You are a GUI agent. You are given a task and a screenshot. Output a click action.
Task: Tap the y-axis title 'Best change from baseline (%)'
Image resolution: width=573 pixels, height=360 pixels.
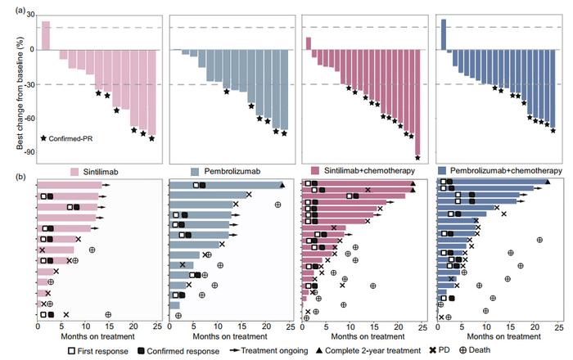pyautogui.click(x=9, y=85)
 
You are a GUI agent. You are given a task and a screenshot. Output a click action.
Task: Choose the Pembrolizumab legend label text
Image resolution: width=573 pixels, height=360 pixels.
pyautogui.click(x=237, y=171)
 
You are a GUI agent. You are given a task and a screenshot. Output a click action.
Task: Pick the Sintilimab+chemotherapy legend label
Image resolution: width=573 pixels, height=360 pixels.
pyautogui.click(x=377, y=171)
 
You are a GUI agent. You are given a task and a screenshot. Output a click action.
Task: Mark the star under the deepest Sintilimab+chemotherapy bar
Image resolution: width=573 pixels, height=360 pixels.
pyautogui.click(x=417, y=157)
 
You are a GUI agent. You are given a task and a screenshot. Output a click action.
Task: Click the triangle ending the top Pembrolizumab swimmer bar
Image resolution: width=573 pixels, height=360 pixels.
pyautogui.click(x=282, y=185)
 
